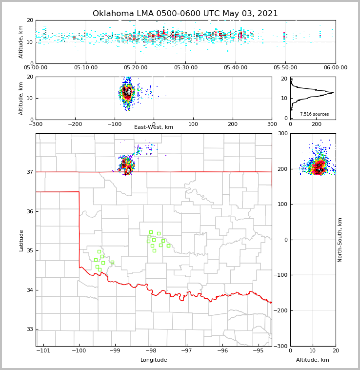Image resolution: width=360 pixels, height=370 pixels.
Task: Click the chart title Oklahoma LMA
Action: (x=185, y=14)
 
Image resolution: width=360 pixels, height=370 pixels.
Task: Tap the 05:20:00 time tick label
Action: (x=136, y=68)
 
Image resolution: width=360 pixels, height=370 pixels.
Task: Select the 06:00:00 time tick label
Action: (x=335, y=68)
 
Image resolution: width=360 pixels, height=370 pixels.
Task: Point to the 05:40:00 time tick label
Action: (x=236, y=68)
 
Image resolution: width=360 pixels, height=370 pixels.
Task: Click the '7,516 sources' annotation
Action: (x=314, y=114)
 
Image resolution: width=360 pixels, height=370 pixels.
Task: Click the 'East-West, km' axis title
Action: (x=154, y=127)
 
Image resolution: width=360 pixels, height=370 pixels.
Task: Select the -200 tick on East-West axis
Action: (x=75, y=124)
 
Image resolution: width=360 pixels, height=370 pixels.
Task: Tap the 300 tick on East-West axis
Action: (x=272, y=124)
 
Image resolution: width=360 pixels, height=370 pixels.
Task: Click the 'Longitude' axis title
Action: (x=154, y=360)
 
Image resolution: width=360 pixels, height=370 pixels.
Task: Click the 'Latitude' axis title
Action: (x=21, y=240)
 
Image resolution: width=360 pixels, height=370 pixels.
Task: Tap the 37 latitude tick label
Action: (x=29, y=172)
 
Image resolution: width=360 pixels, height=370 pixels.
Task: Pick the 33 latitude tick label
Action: (x=29, y=329)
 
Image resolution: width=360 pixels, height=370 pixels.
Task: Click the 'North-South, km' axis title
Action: (x=340, y=240)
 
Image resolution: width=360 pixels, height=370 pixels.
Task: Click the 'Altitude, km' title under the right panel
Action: (x=313, y=360)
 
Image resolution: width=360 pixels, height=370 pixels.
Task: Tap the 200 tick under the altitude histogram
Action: (x=316, y=124)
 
